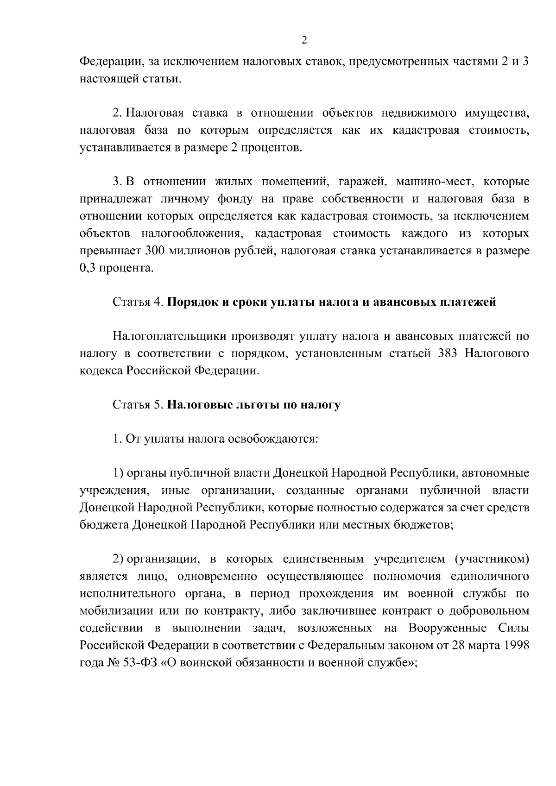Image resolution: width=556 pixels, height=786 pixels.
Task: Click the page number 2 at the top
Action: [x=304, y=40]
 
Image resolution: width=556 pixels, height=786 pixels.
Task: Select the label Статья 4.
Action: [x=138, y=302]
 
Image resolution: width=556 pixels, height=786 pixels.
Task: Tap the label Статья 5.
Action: [x=138, y=405]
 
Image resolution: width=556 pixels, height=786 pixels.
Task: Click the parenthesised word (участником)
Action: [x=492, y=560]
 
